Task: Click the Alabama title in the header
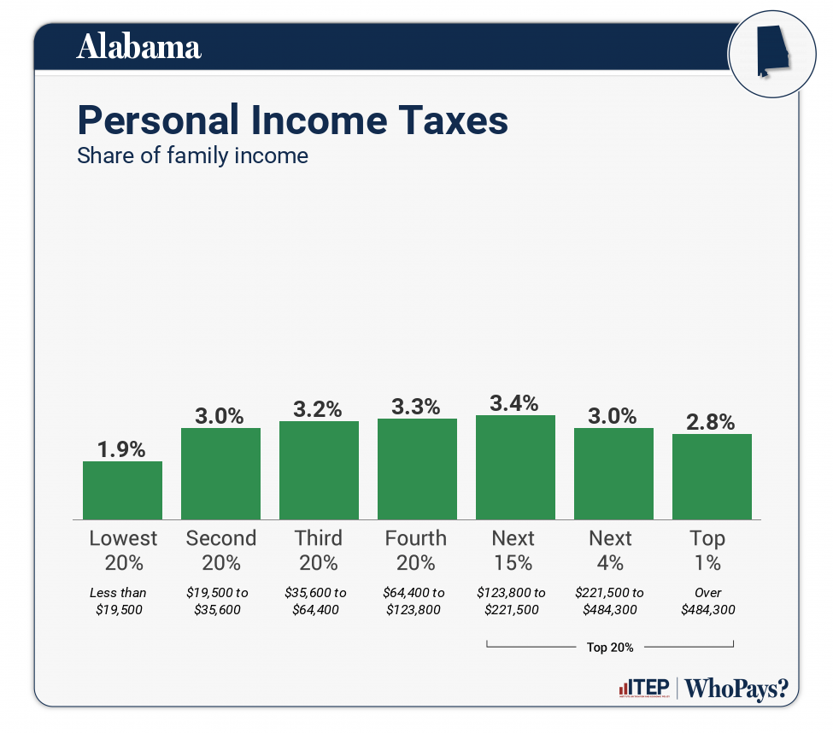click(139, 47)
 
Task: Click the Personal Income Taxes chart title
click(292, 120)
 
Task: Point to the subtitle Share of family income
click(192, 156)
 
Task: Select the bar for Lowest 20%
click(122, 490)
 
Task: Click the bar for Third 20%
click(319, 470)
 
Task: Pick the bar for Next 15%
click(515, 467)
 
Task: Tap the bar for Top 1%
click(712, 477)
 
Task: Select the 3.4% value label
click(515, 402)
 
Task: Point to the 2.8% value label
click(712, 421)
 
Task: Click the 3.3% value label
click(417, 406)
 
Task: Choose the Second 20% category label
click(220, 550)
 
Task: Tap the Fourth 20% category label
click(416, 550)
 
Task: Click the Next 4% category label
click(611, 550)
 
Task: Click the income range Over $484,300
click(708, 601)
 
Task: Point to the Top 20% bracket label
click(610, 647)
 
